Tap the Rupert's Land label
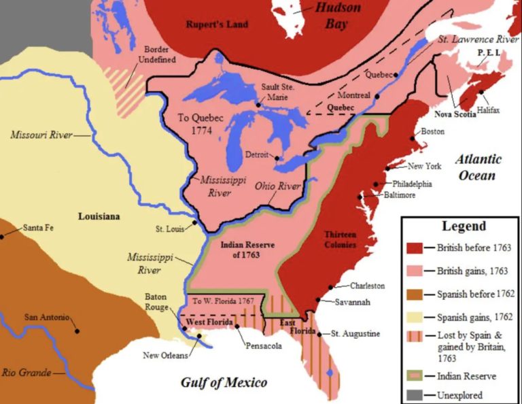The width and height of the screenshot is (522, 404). (217, 24)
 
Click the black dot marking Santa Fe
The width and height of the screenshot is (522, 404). (3, 236)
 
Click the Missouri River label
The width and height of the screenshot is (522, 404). (42, 135)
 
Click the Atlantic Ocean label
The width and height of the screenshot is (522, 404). (478, 167)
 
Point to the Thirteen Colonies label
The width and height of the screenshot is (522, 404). (341, 239)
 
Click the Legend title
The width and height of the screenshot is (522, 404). (464, 226)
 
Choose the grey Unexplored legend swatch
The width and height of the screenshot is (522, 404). (413, 394)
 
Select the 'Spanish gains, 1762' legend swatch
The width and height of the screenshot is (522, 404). (413, 317)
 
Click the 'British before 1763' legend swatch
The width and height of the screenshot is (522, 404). (413, 248)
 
